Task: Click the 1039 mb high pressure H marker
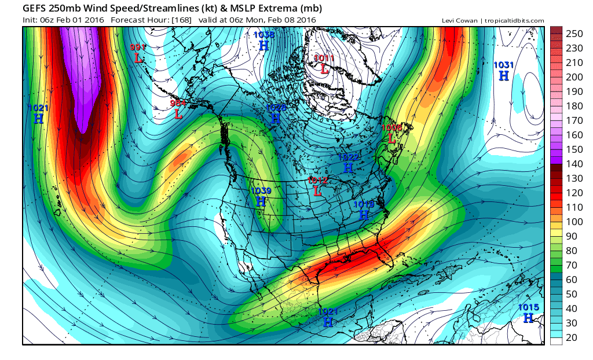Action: [x=261, y=201]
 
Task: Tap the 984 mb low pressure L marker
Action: [x=178, y=114]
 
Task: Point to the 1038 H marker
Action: [x=263, y=45]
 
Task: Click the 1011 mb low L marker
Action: [x=324, y=69]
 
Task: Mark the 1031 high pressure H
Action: [x=504, y=75]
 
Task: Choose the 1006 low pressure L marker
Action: [x=392, y=138]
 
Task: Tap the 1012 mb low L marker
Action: [x=317, y=190]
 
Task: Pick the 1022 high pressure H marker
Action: [x=348, y=167]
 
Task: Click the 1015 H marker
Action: [x=528, y=318]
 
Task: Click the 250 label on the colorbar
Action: [x=574, y=34]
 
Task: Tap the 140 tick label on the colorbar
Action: [x=574, y=164]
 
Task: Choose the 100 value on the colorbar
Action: [x=574, y=221]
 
